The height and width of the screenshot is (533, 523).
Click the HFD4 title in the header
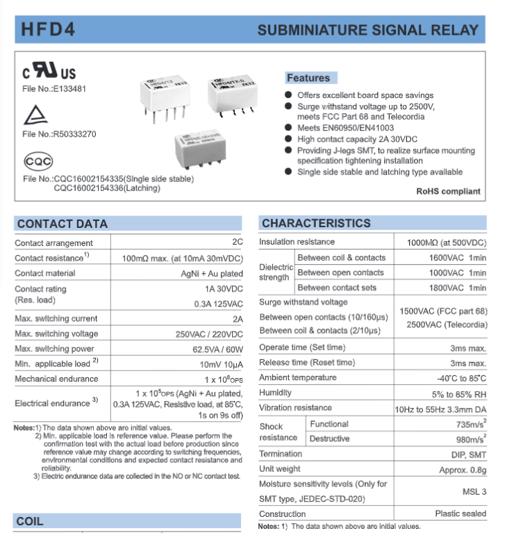click(x=48, y=31)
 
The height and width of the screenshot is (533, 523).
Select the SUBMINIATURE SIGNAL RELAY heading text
click(x=367, y=31)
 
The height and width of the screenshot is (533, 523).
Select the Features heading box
click(x=308, y=78)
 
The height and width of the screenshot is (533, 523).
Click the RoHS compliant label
click(x=448, y=191)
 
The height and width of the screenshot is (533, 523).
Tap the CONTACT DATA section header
click(x=63, y=224)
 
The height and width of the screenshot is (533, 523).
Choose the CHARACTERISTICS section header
click(x=316, y=223)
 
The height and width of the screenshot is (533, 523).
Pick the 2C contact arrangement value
click(x=238, y=243)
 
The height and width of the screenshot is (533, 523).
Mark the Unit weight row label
click(x=280, y=469)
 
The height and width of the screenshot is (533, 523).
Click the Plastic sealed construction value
click(x=460, y=514)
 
